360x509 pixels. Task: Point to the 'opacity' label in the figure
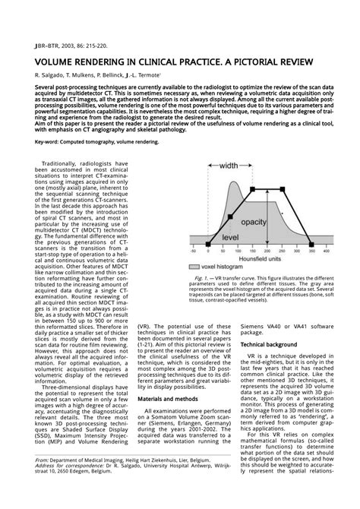255,222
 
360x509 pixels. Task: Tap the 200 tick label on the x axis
273,251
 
